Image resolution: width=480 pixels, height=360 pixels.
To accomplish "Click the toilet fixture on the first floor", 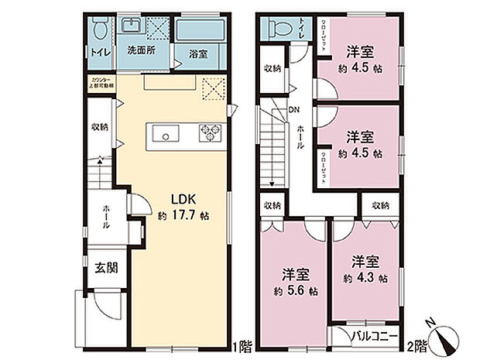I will click(99, 30).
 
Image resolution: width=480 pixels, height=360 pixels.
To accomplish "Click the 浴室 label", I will click(197, 53).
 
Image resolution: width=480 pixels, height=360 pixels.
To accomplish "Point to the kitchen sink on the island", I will click(164, 134).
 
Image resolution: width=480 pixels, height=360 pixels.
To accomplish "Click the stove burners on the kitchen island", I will click(209, 133).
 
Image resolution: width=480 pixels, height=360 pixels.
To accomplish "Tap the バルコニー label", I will click(375, 337).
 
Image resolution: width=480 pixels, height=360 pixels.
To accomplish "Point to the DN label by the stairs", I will click(294, 109).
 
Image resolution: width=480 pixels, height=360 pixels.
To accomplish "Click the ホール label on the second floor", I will click(300, 137).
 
